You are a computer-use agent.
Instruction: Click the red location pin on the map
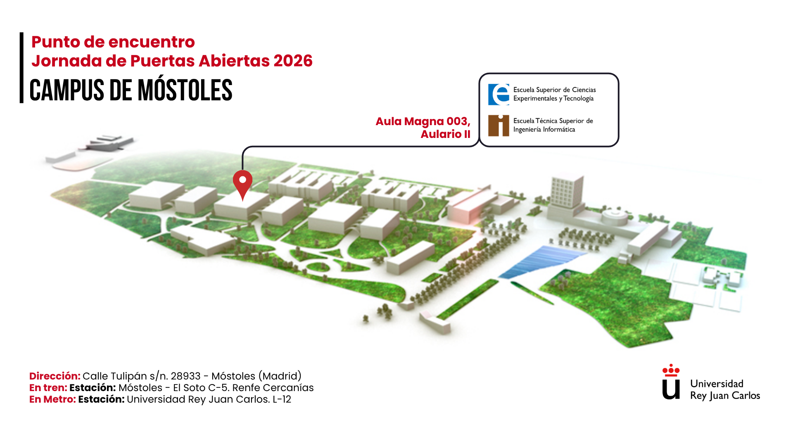pos(242,182)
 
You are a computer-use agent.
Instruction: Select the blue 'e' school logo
pos(499,95)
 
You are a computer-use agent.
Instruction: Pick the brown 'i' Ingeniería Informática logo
pos(499,126)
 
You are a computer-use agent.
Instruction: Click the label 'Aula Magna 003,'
pos(423,121)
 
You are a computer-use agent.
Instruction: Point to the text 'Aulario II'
pos(445,134)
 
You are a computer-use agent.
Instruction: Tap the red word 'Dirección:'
pos(55,376)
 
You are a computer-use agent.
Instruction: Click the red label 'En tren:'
pos(48,388)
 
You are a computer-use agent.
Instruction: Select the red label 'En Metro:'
pos(52,399)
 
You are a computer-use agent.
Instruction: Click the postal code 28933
pos(185,376)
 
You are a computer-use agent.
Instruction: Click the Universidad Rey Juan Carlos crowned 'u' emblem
pos(671,382)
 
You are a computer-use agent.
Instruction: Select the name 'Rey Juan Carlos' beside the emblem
pos(725,396)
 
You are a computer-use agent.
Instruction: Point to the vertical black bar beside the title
pos(21,68)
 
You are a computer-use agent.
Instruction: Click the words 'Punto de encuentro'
pos(113,42)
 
